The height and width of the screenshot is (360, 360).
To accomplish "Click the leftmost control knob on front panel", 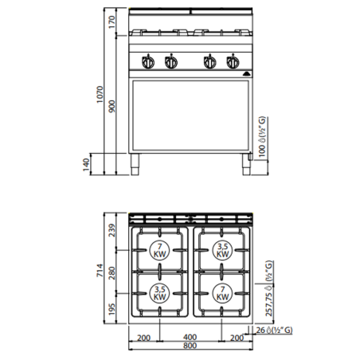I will point(147,62).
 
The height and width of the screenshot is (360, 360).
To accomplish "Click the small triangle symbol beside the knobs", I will point(245,68).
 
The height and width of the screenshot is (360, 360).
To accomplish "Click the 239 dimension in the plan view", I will point(112,230).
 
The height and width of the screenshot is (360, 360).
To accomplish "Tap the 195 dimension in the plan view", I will point(112,307).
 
